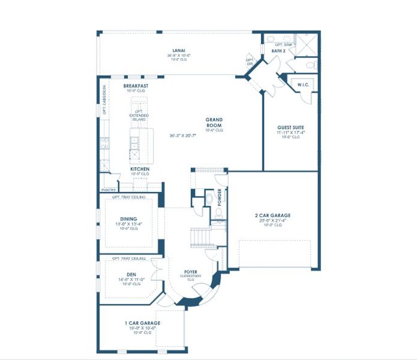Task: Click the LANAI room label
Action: pyautogui.click(x=178, y=50)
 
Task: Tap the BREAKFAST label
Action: pyautogui.click(x=136, y=86)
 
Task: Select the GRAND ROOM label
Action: pyautogui.click(x=214, y=122)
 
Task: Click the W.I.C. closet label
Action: pyautogui.click(x=303, y=85)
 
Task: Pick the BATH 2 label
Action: pyautogui.click(x=278, y=52)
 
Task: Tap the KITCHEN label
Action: pyautogui.click(x=139, y=169)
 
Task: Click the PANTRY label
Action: pyautogui.click(x=109, y=189)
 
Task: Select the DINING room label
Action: pyautogui.click(x=128, y=219)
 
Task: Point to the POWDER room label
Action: pyautogui.click(x=220, y=197)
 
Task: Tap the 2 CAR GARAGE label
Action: pyautogui.click(x=272, y=215)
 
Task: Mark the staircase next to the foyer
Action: pyautogui.click(x=202, y=237)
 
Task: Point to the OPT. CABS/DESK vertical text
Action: pyautogui.click(x=104, y=100)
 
